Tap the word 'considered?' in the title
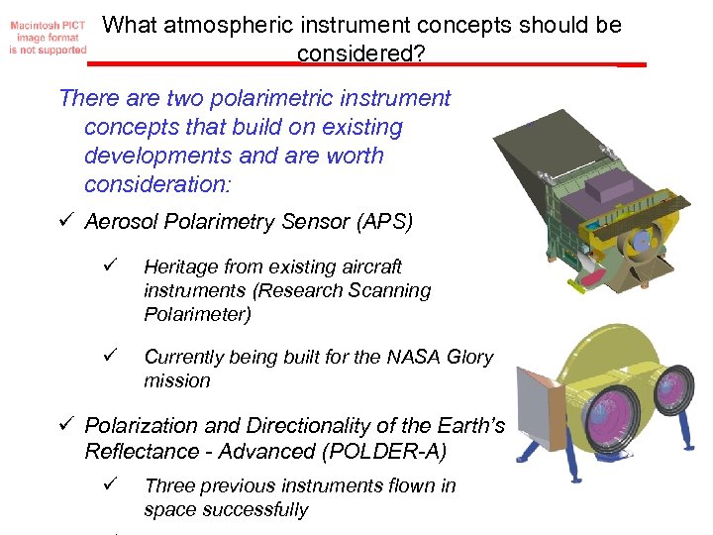pos(360,53)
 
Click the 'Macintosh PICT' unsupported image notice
pos(46,35)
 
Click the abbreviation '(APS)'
pos(381,222)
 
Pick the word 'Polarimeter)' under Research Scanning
pos(195,315)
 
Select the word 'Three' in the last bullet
pos(169,485)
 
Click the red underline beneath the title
pos(366,64)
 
